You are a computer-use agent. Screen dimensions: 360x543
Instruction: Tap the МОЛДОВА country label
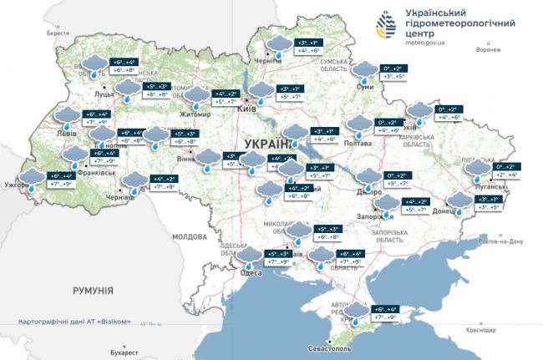pos(189,236)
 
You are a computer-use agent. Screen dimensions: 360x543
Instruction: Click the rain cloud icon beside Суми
pos(365,72)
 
